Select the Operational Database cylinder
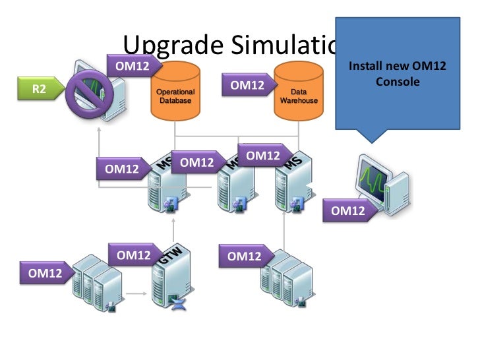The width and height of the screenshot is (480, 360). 175,92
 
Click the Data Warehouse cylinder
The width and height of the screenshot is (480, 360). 299,92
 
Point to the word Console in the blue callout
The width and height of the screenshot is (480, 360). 398,82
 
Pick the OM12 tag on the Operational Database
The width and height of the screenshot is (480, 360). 132,66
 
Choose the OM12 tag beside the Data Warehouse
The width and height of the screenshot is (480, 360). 247,85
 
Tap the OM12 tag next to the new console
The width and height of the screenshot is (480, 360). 347,211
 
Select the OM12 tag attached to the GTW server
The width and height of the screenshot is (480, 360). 133,255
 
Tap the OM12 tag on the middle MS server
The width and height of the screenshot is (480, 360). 196,162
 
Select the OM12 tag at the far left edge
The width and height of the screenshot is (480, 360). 41,270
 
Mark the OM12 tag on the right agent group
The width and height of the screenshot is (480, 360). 243,256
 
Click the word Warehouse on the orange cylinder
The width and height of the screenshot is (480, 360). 299,101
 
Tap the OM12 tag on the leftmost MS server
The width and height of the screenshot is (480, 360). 121,169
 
